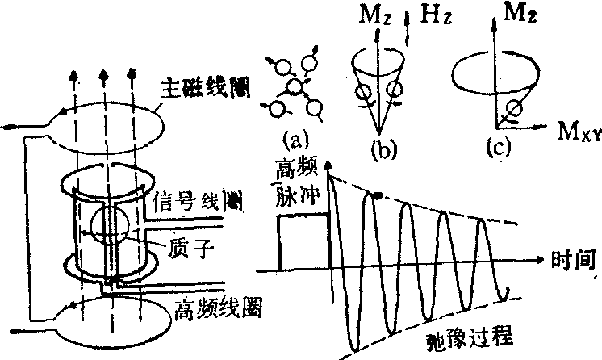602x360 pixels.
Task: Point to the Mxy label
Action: [x=575, y=130]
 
